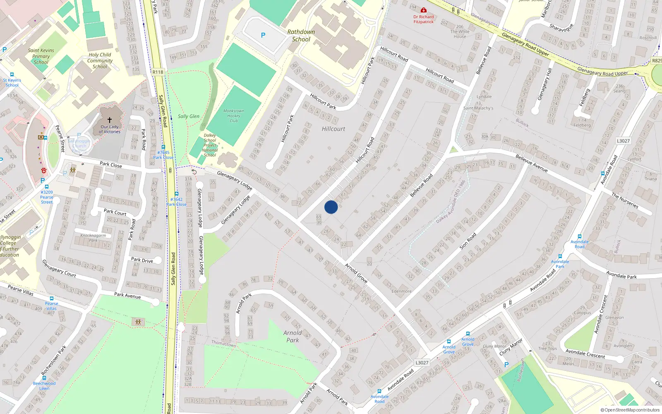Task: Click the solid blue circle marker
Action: click(x=331, y=207)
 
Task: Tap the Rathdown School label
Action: click(x=301, y=36)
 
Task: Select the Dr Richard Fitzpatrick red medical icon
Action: click(x=423, y=10)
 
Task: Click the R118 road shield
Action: click(x=158, y=72)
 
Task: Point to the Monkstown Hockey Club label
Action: click(x=234, y=116)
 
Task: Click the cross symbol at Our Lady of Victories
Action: click(x=110, y=120)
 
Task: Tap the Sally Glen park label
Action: click(x=188, y=116)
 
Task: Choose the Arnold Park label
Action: click(x=293, y=336)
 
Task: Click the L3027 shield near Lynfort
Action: click(x=623, y=141)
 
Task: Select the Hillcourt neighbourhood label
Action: click(x=333, y=129)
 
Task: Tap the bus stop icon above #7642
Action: click(x=177, y=194)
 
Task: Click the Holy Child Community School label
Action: click(x=100, y=60)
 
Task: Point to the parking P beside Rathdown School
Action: click(x=263, y=36)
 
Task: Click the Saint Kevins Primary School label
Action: click(x=41, y=56)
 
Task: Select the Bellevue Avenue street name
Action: click(x=531, y=163)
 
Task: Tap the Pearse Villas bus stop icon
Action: click(x=51, y=298)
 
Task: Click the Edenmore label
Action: click(x=401, y=291)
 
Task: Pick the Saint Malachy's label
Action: click(x=478, y=108)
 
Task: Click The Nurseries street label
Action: click(x=625, y=200)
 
